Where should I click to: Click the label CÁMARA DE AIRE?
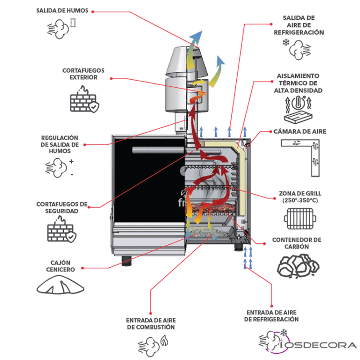[x=300, y=132]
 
